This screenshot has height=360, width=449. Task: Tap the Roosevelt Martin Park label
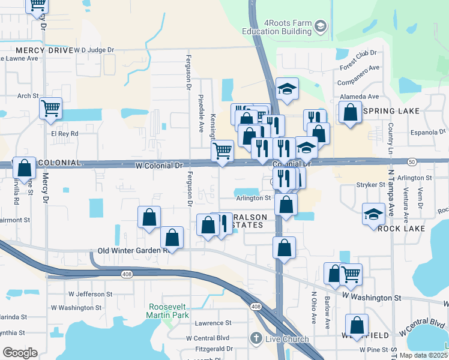pyautogui.click(x=168, y=311)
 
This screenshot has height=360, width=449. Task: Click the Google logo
pyautogui.click(x=20, y=352)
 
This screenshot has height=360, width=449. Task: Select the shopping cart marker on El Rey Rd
pyautogui.click(x=51, y=109)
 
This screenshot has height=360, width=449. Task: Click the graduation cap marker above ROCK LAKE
pyautogui.click(x=373, y=214)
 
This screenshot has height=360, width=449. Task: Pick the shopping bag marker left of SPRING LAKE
pyautogui.click(x=350, y=112)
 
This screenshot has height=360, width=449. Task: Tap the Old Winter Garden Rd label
pyautogui.click(x=132, y=251)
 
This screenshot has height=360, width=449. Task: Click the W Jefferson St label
pyautogui.click(x=90, y=294)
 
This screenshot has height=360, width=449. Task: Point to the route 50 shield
pyautogui.click(x=412, y=161)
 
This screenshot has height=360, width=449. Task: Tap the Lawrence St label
pyautogui.click(x=213, y=322)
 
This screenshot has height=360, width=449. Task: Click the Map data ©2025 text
pyautogui.click(x=423, y=355)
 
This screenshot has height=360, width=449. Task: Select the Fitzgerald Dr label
pyautogui.click(x=214, y=349)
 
